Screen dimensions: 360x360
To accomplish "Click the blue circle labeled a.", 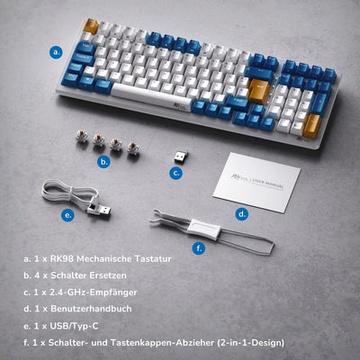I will click(56, 52).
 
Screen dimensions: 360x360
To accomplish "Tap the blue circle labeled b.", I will click(104, 162).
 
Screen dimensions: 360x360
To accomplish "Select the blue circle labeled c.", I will click(176, 174).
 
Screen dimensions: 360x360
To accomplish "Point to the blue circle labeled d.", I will click(242, 213).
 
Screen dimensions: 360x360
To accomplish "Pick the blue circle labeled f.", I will click(199, 247).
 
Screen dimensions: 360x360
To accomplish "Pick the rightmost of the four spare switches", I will click(133, 147).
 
